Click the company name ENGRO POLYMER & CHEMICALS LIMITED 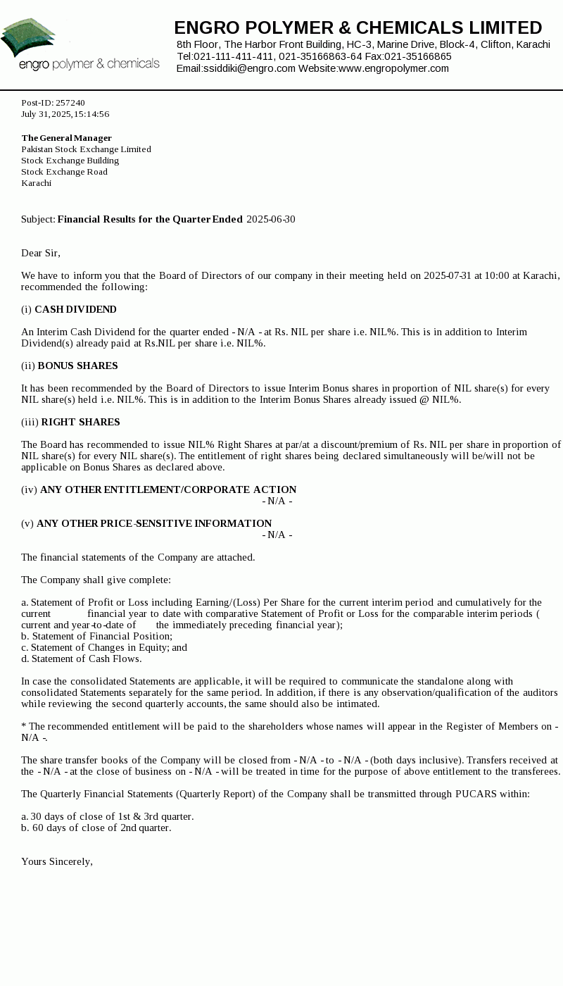(358, 28)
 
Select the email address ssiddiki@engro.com (249, 68)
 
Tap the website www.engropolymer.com (393, 68)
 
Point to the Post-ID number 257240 (70, 103)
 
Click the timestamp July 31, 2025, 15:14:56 (65, 114)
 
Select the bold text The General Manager (66, 138)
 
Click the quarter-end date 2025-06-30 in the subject (270, 219)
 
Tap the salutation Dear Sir (40, 253)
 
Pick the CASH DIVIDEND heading (75, 309)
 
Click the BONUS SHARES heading (77, 366)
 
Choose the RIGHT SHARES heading (80, 422)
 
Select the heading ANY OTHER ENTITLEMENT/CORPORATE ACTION (168, 489)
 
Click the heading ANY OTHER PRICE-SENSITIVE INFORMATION (154, 523)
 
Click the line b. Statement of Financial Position (96, 636)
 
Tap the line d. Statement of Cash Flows (81, 659)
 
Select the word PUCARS (476, 794)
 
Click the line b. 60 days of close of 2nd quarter (96, 828)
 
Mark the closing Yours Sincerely (56, 861)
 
